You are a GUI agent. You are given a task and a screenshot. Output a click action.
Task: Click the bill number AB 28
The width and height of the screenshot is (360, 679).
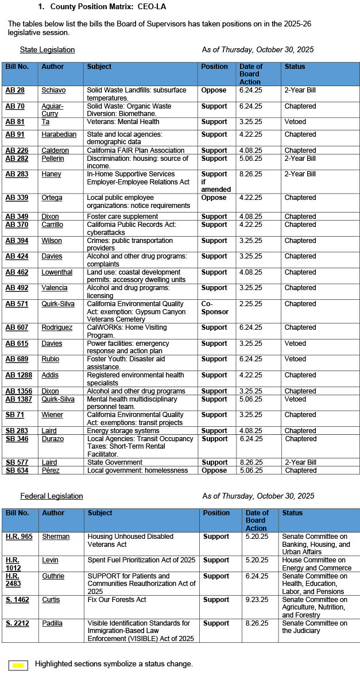15,91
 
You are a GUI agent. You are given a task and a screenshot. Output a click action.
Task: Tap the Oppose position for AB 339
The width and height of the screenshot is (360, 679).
214,198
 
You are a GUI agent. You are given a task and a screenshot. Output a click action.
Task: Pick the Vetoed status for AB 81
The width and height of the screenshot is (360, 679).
295,122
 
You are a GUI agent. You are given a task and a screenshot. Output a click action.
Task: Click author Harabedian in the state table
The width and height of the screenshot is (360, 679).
58,134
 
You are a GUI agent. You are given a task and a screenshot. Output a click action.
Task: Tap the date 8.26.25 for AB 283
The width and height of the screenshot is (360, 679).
250,174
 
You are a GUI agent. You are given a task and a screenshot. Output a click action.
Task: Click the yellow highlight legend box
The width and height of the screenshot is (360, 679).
18,665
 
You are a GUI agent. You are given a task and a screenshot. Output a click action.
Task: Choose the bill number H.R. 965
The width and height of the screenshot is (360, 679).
19,537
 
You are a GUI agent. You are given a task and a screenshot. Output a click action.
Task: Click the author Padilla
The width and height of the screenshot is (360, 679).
52,623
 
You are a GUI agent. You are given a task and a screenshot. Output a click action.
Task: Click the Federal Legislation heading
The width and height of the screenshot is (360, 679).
52,496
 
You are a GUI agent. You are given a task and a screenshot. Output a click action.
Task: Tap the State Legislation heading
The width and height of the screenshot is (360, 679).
47,50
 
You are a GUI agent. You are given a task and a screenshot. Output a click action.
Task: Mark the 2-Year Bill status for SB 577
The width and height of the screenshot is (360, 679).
300,462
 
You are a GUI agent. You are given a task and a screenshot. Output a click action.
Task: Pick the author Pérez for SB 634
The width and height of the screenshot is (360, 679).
50,470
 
